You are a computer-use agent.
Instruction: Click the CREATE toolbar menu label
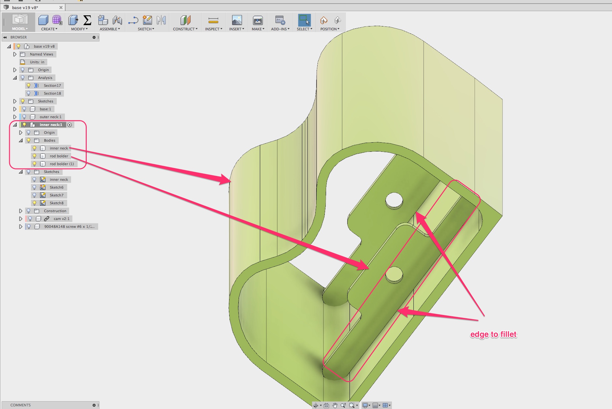coord(49,29)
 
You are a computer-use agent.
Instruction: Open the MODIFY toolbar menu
coord(79,29)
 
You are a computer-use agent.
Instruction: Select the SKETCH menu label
coord(145,29)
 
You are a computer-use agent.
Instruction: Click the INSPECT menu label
coord(213,29)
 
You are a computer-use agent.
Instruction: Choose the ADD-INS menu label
coord(280,29)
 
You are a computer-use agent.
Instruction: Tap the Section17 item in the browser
coord(52,86)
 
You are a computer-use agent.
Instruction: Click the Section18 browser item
coord(52,93)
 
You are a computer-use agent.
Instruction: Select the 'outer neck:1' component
coord(50,117)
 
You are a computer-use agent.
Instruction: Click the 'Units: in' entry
coord(37,62)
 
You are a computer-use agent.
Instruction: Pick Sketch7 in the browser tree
coord(56,195)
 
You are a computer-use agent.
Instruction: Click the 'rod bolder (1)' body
coord(62,164)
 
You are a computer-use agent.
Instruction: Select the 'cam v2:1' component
coord(61,219)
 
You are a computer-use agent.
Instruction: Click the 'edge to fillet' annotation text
coord(493,334)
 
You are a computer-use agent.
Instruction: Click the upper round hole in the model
coord(394,200)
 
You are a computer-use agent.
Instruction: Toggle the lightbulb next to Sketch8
coord(34,203)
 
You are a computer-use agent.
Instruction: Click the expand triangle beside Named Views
coord(15,54)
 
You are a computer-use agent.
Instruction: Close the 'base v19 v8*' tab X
coord(61,8)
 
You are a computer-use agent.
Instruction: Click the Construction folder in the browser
coord(55,211)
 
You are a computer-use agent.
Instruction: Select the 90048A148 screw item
coord(69,227)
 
